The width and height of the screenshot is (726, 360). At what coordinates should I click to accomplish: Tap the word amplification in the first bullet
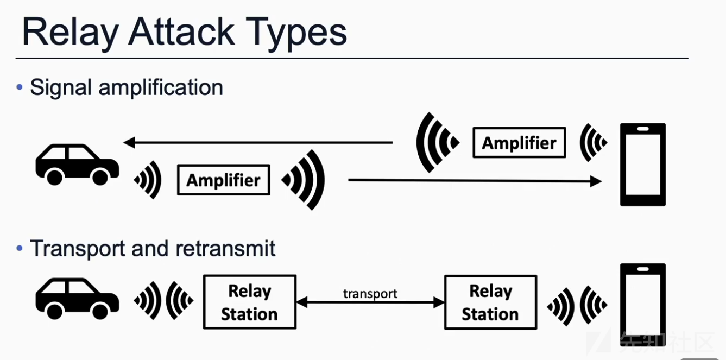(161, 87)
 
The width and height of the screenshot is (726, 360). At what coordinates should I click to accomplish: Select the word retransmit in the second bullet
(225, 248)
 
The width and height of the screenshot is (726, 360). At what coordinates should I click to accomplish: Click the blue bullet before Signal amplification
(20, 87)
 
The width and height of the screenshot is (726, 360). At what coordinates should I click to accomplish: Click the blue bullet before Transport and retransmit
(20, 248)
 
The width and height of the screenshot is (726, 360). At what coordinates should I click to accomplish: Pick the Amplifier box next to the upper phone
(519, 143)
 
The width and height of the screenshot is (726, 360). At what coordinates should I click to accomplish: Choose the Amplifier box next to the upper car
(224, 180)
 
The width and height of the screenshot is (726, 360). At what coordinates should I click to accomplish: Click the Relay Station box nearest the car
(250, 302)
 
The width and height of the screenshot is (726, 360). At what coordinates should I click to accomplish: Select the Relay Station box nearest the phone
(491, 302)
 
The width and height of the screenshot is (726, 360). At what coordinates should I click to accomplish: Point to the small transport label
(370, 294)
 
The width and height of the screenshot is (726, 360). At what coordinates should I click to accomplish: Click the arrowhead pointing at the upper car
(129, 142)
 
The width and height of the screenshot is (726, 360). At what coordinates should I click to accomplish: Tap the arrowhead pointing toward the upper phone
(596, 181)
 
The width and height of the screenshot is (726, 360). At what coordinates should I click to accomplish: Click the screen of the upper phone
(643, 165)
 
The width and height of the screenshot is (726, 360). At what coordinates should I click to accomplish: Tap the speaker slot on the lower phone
(643, 269)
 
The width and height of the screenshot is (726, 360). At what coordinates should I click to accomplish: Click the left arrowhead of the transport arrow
(302, 302)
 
